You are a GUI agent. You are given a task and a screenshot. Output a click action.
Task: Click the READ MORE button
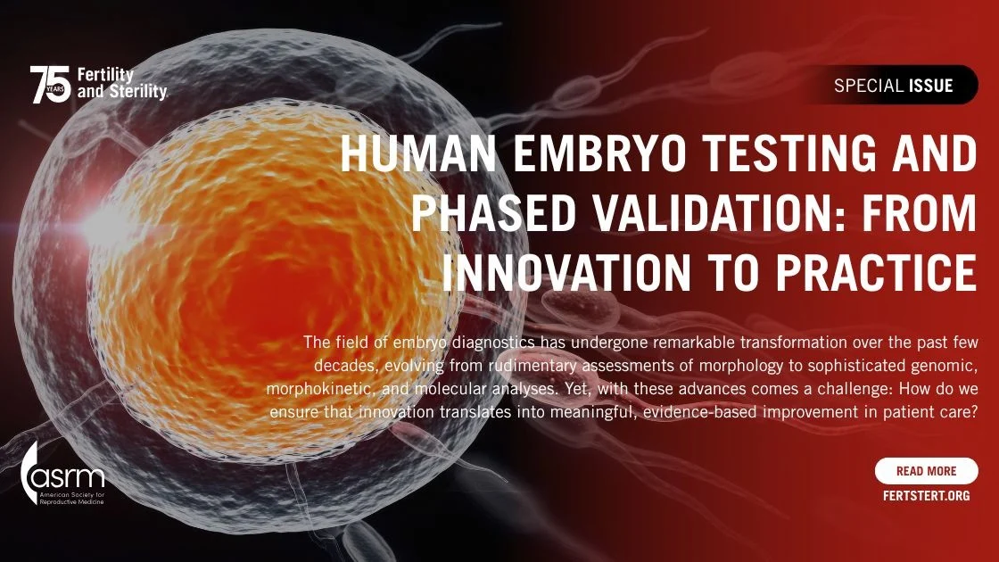926,471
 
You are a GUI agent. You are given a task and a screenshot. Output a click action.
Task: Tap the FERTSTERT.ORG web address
926,495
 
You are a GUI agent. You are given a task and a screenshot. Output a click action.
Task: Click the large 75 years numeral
50,85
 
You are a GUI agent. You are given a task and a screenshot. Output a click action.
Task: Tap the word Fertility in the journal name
106,76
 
